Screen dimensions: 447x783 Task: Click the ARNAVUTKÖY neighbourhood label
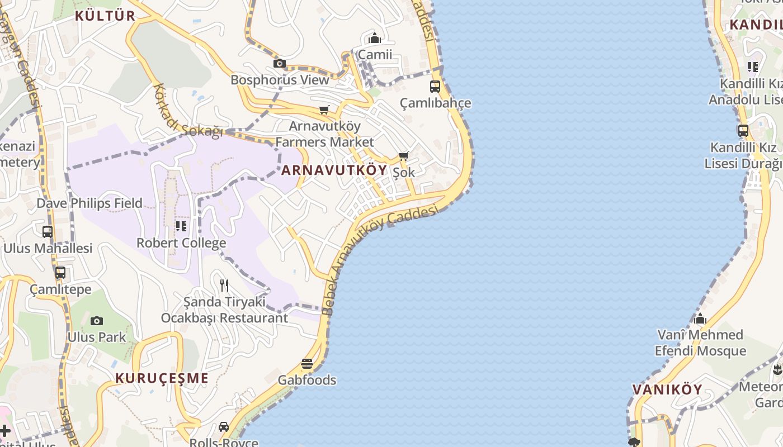tap(334, 170)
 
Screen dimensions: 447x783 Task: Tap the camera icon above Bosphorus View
tap(280, 64)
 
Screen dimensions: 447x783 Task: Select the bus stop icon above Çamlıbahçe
tap(435, 87)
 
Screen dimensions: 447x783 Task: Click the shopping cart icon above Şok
tap(404, 156)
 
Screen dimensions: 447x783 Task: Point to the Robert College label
tap(181, 243)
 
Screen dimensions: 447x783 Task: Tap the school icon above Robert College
tap(181, 226)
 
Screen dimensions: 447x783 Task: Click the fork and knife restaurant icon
tap(224, 286)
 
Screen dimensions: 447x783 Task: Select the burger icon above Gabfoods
tap(307, 364)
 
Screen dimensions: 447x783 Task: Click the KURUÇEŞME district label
tap(162, 378)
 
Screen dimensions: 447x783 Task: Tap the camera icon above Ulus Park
tap(97, 321)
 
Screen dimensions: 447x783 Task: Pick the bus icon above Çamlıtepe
tap(60, 273)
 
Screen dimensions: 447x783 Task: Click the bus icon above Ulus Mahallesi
tap(48, 231)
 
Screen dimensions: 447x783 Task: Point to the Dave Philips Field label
tap(89, 203)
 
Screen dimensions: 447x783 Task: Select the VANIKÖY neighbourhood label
tap(667, 389)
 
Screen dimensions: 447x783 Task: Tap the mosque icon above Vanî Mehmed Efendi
tap(700, 319)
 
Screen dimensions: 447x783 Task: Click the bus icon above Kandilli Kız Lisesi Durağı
tap(743, 131)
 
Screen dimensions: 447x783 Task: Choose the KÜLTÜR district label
tap(105, 16)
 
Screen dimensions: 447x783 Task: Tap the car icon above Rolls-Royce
tap(224, 427)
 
